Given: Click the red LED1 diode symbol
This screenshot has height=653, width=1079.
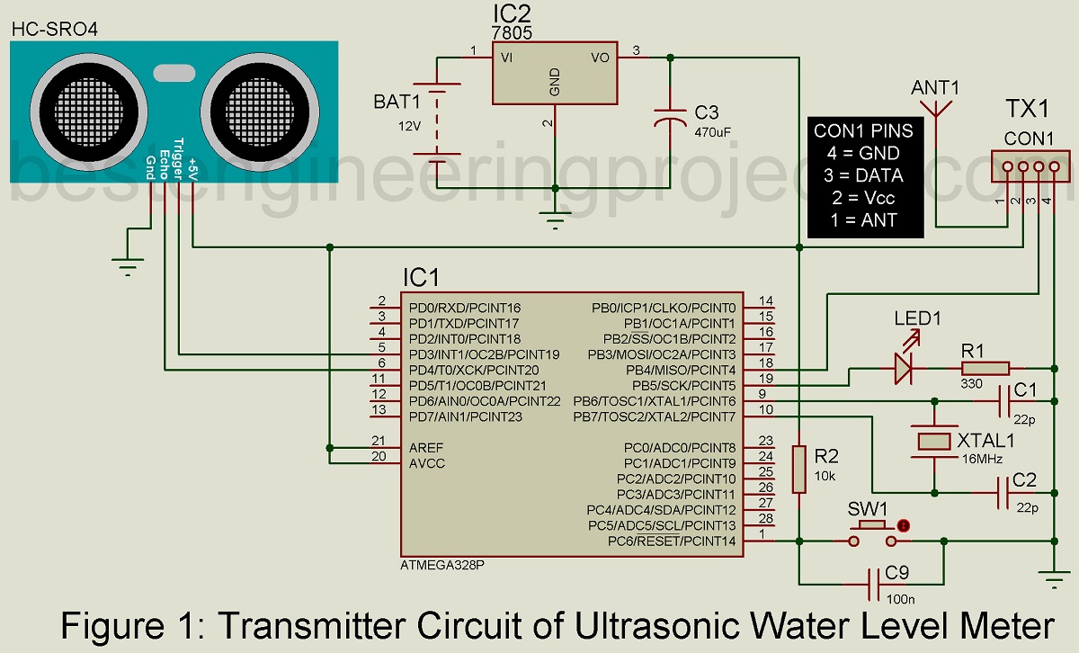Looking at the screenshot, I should pyautogui.click(x=905, y=368).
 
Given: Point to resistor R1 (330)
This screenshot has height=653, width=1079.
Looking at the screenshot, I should pyautogui.click(x=985, y=368).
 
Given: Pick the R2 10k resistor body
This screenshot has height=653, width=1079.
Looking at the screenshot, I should pyautogui.click(x=798, y=469).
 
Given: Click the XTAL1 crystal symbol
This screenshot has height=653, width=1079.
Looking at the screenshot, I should pyautogui.click(x=935, y=441).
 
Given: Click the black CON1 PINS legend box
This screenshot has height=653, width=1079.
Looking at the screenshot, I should pyautogui.click(x=865, y=176).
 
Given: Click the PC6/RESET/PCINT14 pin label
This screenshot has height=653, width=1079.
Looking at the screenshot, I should pyautogui.click(x=672, y=541).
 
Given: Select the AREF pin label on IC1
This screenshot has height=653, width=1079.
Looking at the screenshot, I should pyautogui.click(x=426, y=447).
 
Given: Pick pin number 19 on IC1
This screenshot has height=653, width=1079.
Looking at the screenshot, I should pyautogui.click(x=766, y=380).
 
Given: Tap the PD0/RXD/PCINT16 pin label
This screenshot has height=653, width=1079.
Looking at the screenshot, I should pyautogui.click(x=464, y=308).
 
